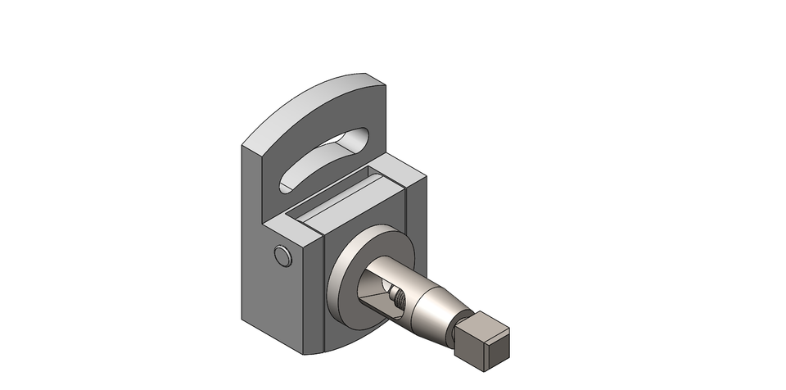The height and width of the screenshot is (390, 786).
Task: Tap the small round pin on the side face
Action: tap(283, 256)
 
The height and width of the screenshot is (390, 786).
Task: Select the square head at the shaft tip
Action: tap(483, 339)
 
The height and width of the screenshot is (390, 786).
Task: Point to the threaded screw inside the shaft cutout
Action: tap(397, 300)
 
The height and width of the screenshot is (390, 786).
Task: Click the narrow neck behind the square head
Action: tap(457, 328)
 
